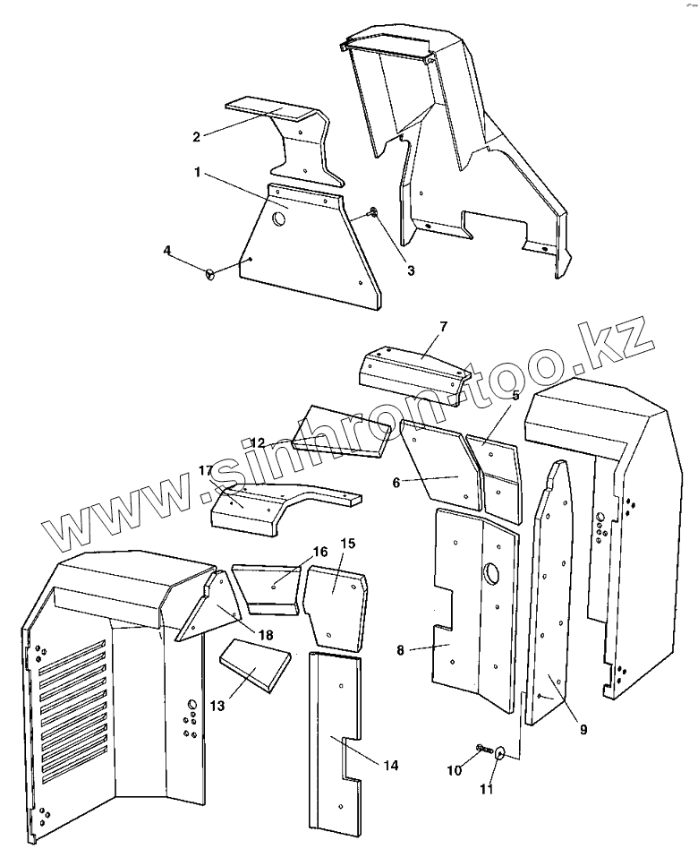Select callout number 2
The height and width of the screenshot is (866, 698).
[x=197, y=136]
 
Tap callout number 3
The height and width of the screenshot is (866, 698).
[x=411, y=270]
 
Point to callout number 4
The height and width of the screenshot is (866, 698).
[x=167, y=250]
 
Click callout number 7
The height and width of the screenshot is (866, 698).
[x=443, y=326]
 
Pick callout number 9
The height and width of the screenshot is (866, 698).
[x=583, y=730]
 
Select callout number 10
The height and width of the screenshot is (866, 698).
[x=453, y=769]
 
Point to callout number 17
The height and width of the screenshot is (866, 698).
[x=206, y=470]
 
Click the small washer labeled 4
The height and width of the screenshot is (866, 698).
[x=212, y=275]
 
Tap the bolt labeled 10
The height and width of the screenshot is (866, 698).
[x=481, y=748]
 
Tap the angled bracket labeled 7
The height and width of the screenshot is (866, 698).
[x=413, y=369]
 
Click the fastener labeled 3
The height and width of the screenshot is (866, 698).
[x=371, y=213]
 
